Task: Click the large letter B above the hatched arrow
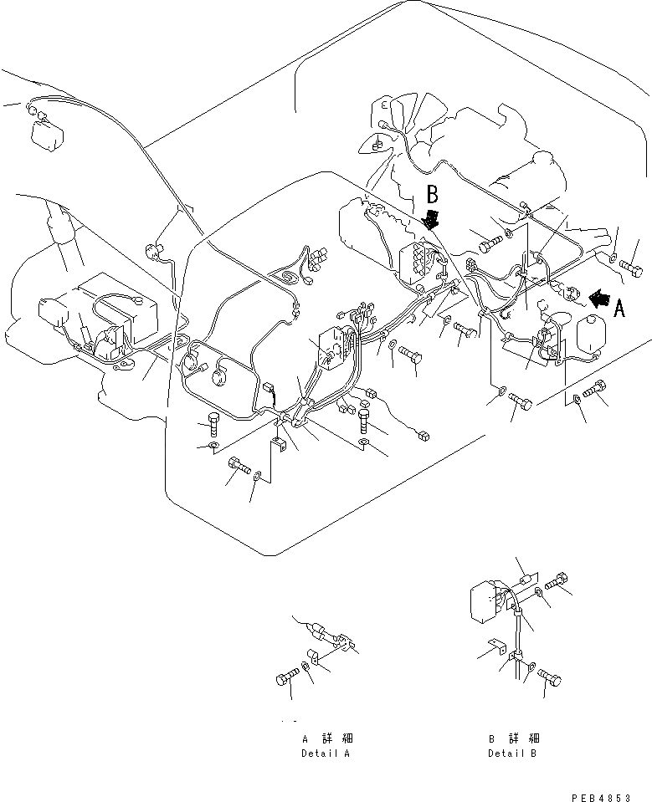(432, 196)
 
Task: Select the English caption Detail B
(514, 753)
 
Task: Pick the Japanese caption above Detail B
(514, 739)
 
